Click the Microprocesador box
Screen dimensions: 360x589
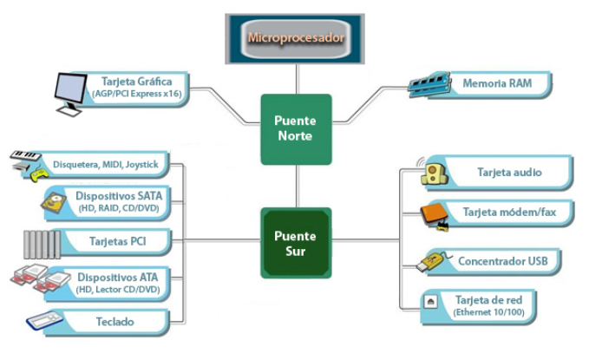point(296,38)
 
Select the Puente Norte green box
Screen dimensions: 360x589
point(296,128)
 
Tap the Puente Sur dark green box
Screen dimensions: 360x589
point(296,243)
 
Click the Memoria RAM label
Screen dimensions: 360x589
point(496,85)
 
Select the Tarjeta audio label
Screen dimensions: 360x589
point(509,173)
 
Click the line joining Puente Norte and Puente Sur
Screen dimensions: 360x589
point(296,187)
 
